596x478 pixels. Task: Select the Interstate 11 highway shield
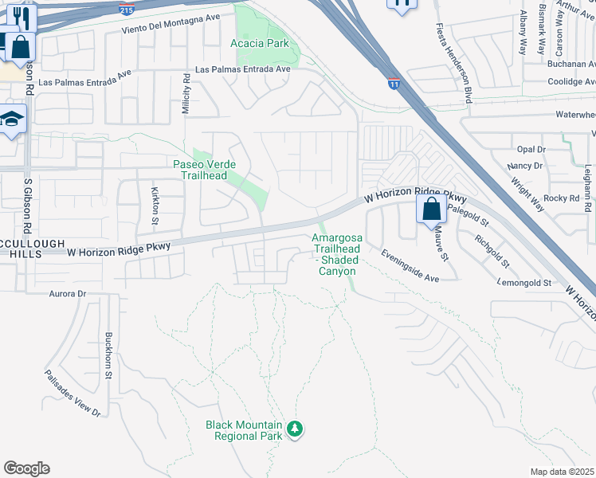(394, 82)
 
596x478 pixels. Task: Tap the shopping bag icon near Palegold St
(431, 210)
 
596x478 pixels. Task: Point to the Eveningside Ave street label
(410, 266)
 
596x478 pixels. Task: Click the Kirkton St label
(155, 206)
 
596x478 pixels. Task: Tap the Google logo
(26, 468)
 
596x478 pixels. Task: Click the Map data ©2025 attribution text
(563, 472)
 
